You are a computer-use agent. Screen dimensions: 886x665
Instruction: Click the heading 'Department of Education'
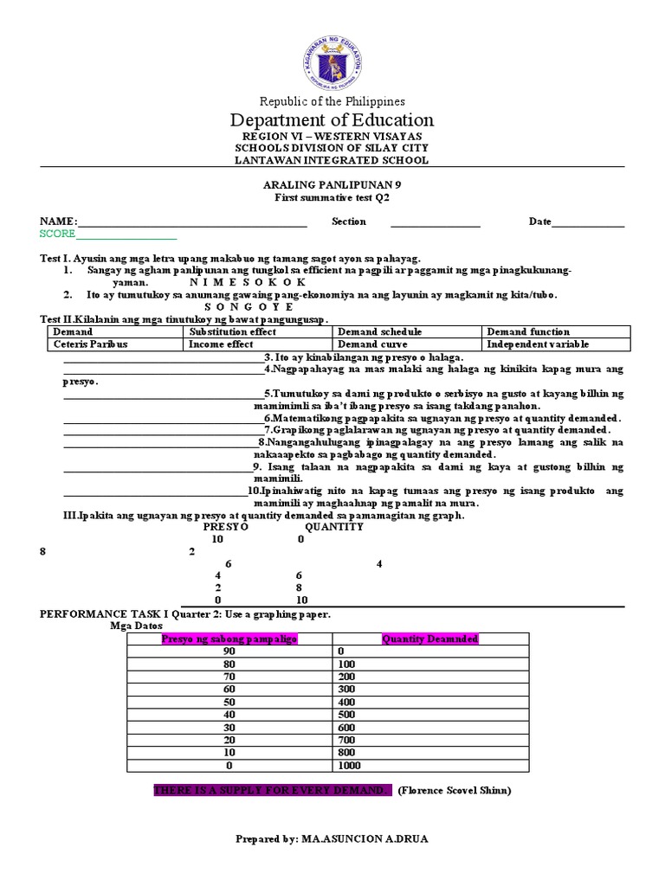(x=332, y=120)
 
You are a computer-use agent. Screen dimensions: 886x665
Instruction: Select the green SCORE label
(x=58, y=234)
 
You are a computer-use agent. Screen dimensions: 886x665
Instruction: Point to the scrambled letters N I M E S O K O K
(x=247, y=282)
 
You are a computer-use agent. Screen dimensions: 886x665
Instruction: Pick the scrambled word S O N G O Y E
(x=249, y=307)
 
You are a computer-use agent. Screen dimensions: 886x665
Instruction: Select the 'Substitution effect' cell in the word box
(x=233, y=332)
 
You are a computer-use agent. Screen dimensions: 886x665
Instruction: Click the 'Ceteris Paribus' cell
(x=90, y=344)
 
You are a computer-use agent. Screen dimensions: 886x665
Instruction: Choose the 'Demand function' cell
(x=528, y=332)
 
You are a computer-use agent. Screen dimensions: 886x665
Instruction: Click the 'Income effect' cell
(x=221, y=344)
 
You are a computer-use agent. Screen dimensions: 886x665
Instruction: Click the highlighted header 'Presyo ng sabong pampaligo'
(x=229, y=639)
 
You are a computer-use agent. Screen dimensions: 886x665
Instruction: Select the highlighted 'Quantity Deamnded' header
(x=429, y=639)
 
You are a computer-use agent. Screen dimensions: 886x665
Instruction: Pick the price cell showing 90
(x=229, y=652)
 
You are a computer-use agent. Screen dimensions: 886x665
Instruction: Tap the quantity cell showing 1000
(x=351, y=766)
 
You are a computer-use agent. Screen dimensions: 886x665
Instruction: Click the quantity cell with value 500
(x=347, y=715)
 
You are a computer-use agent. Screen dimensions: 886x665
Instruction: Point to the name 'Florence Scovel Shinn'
(x=455, y=791)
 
